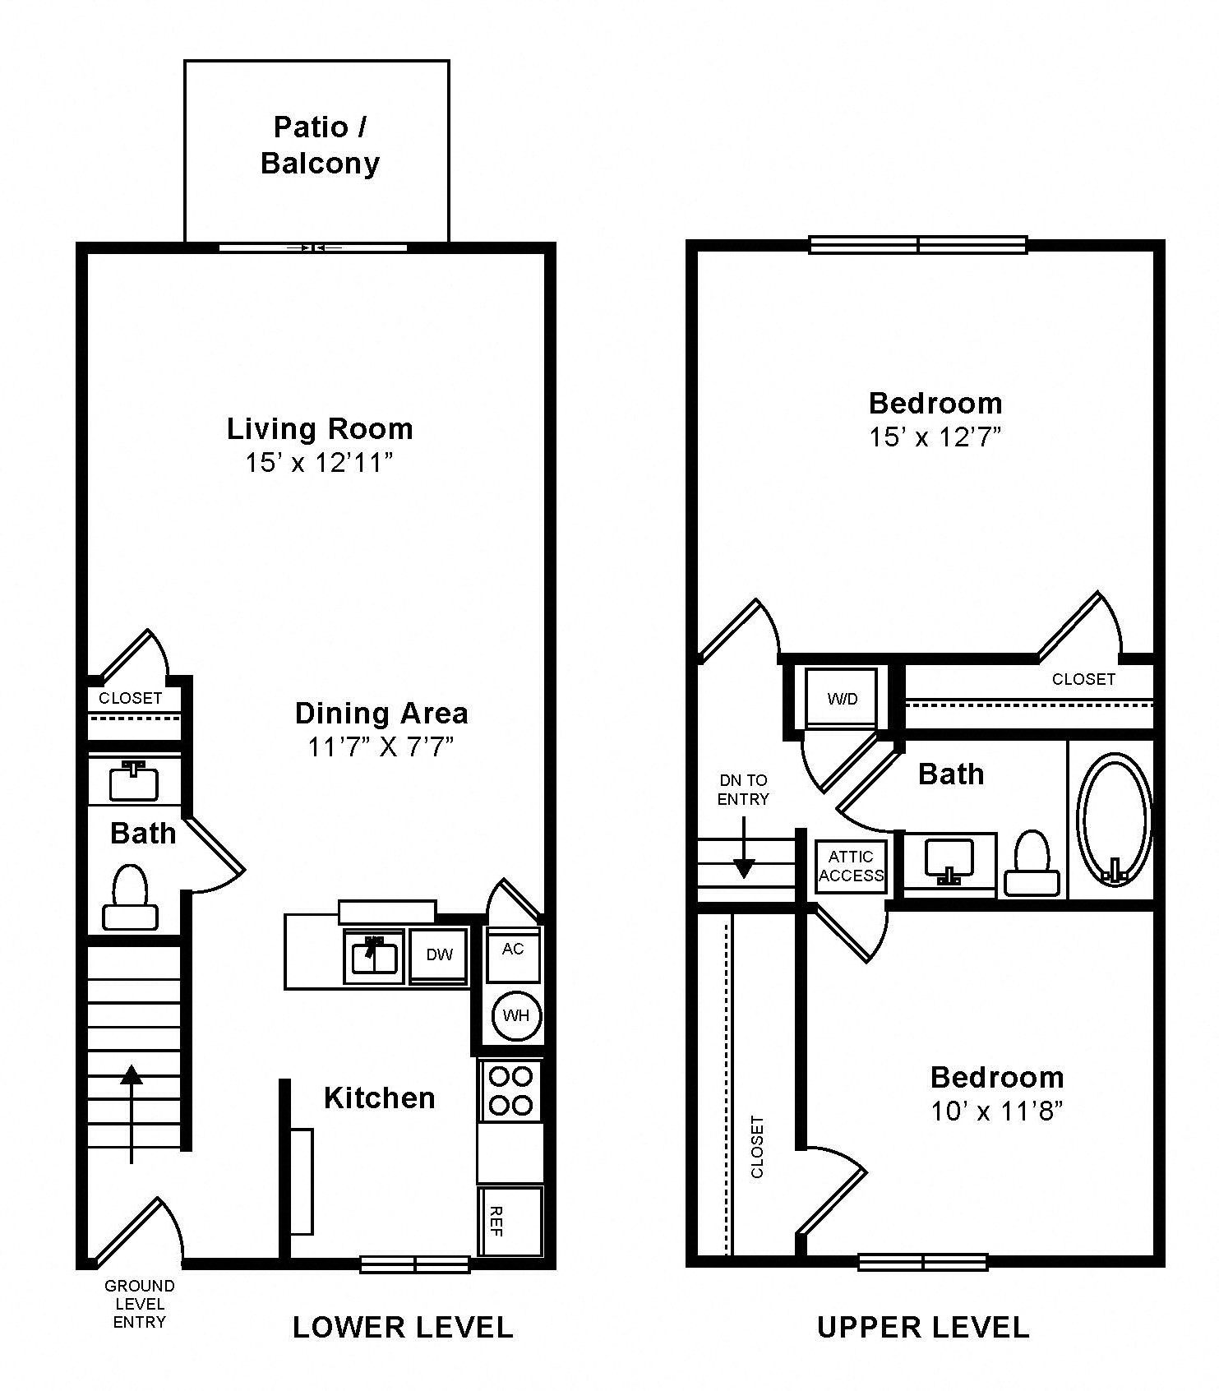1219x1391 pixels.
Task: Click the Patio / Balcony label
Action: (319, 145)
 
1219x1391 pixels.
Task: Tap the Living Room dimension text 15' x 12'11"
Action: (319, 463)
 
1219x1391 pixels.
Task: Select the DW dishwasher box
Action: (439, 954)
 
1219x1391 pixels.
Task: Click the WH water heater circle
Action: (515, 1015)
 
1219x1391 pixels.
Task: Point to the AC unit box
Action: (513, 954)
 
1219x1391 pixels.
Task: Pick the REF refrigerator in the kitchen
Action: (510, 1221)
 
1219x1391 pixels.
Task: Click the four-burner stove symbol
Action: (510, 1090)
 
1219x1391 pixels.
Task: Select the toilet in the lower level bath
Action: (130, 898)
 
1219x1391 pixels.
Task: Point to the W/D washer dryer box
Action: (842, 699)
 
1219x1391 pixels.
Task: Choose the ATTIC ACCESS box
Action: (851, 866)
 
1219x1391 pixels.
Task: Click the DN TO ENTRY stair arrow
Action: (744, 855)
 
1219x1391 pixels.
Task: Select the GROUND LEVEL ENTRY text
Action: (139, 1304)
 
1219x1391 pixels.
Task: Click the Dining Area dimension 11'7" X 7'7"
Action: (381, 746)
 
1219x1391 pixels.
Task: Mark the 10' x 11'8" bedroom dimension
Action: (996, 1111)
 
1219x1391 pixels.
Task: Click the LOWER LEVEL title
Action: (403, 1327)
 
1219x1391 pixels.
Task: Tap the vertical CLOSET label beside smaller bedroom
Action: (757, 1146)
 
